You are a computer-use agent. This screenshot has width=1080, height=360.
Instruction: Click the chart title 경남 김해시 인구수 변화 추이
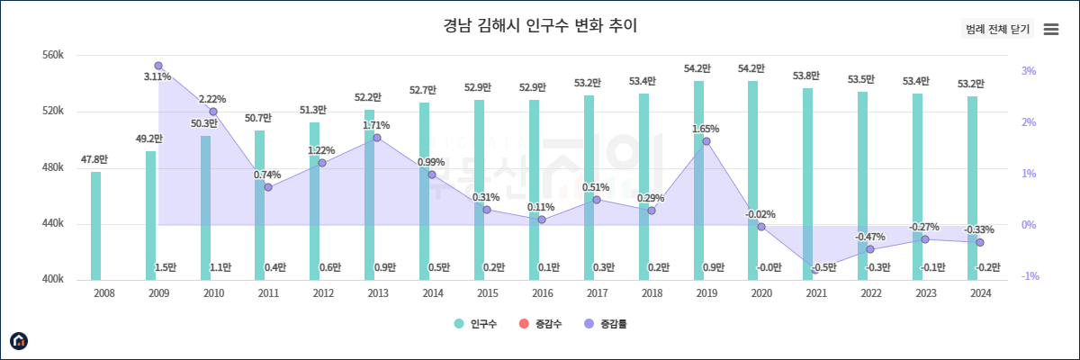pyautogui.click(x=540, y=25)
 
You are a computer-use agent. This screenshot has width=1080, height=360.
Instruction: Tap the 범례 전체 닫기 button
pyautogui.click(x=997, y=29)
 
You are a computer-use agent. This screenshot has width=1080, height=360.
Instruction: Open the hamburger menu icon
pyautogui.click(x=1050, y=29)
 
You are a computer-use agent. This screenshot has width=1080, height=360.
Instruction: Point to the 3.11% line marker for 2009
pyautogui.click(x=158, y=66)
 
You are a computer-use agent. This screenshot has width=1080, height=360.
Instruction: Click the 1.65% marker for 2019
pyautogui.click(x=706, y=141)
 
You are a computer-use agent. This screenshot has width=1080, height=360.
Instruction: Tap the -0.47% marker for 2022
pyautogui.click(x=870, y=249)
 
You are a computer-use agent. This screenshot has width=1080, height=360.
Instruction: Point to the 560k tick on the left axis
pyautogui.click(x=53, y=56)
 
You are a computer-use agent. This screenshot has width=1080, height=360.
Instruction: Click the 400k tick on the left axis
pyautogui.click(x=53, y=280)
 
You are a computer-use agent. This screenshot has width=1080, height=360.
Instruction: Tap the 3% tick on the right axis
pyautogui.click(x=1029, y=71)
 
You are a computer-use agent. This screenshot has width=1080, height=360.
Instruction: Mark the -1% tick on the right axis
pyautogui.click(x=1030, y=276)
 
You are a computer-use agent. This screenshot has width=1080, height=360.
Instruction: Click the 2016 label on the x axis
pyautogui.click(x=542, y=293)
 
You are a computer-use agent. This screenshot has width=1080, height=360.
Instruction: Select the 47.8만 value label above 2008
pyautogui.click(x=94, y=159)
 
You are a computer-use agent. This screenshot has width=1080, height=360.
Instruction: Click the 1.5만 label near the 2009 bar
pyautogui.click(x=166, y=267)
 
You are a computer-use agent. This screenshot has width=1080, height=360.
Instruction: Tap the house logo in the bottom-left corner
pyautogui.click(x=19, y=340)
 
